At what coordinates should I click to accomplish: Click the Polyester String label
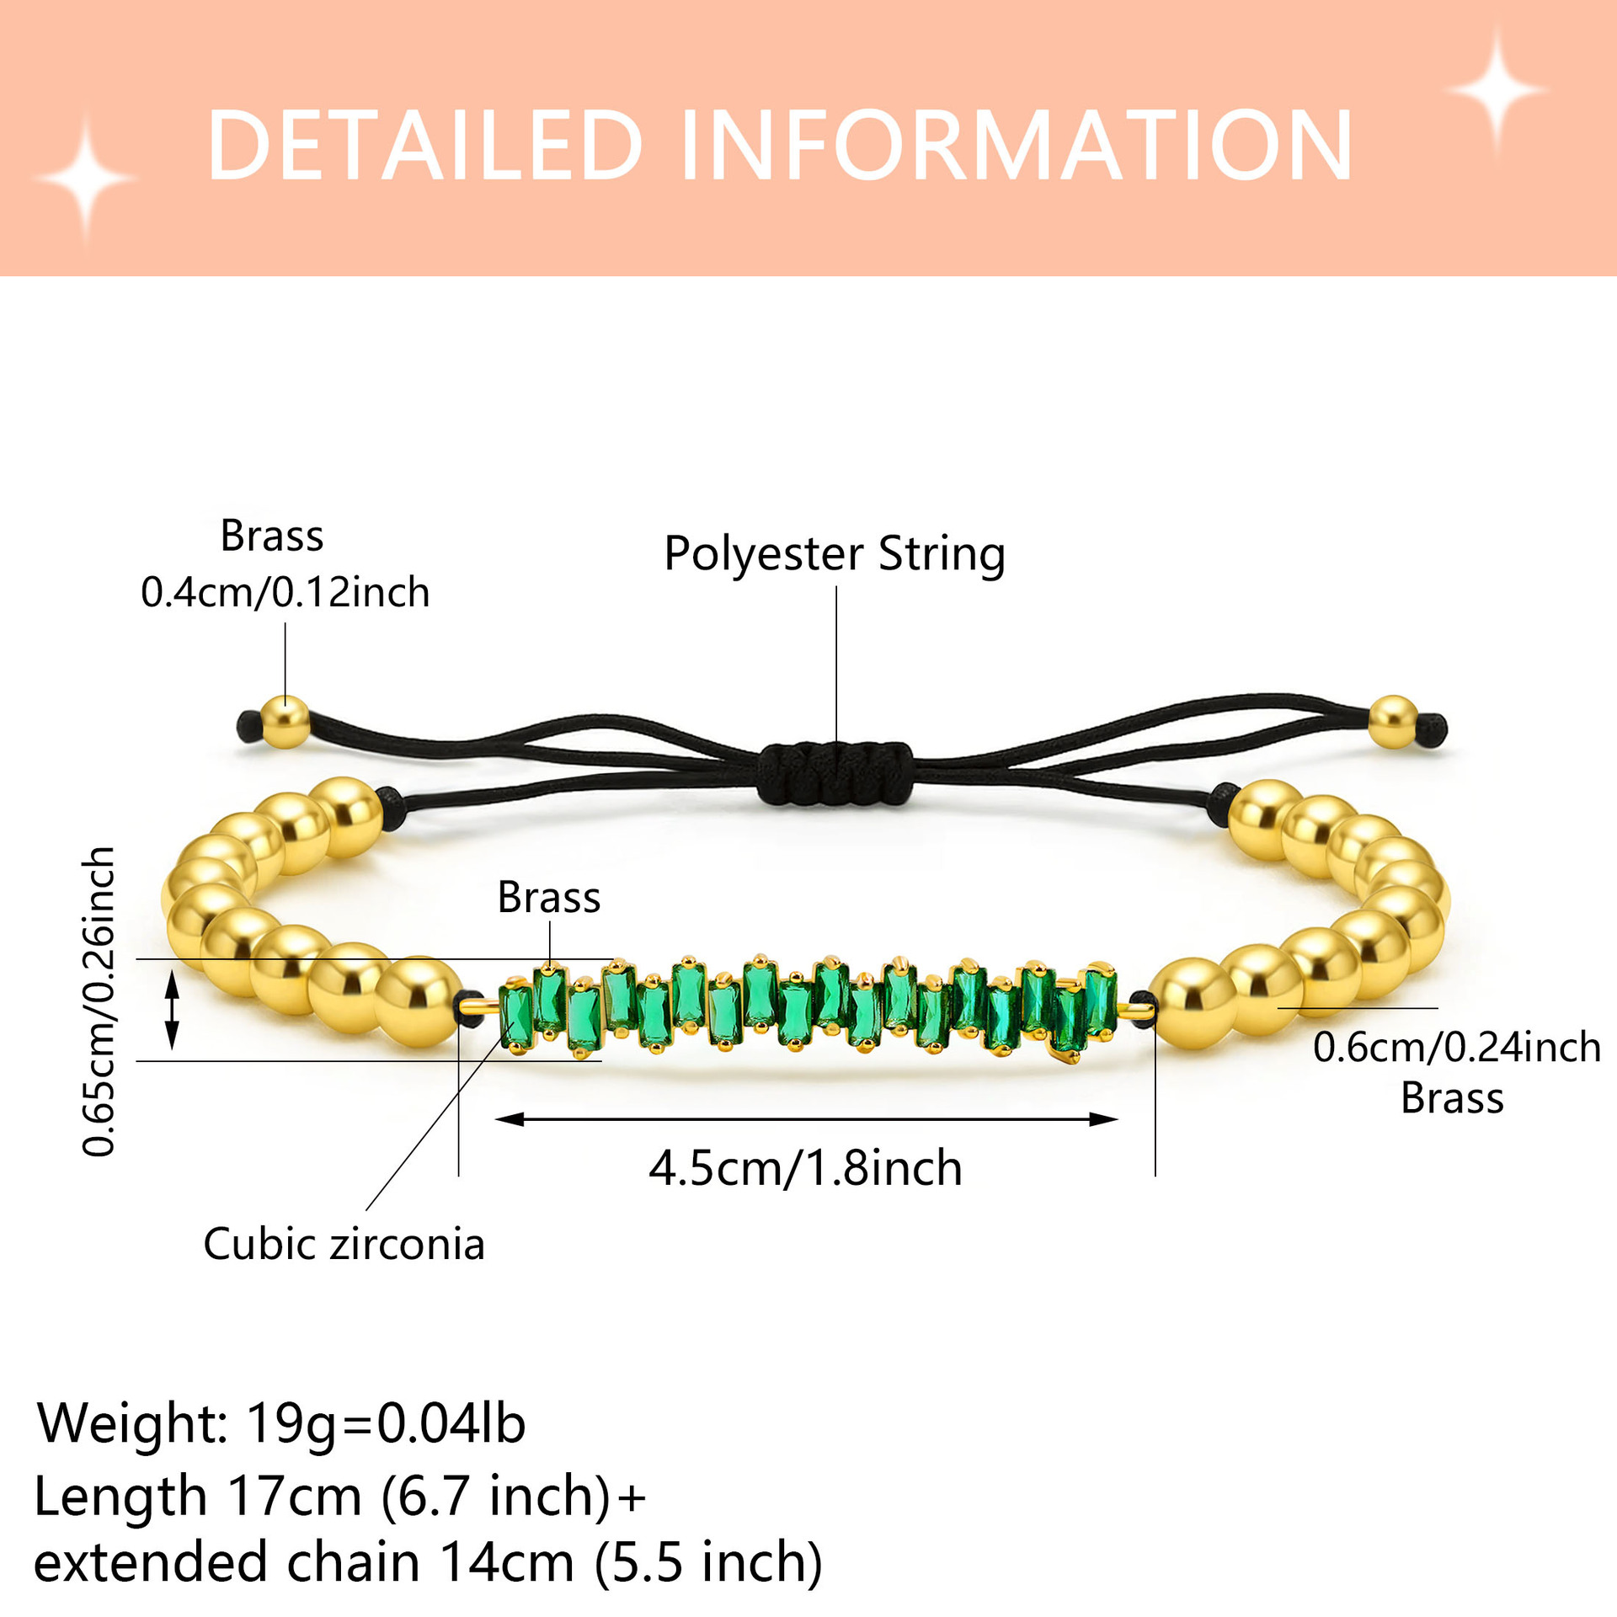click(x=834, y=554)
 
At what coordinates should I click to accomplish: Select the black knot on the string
click(x=834, y=773)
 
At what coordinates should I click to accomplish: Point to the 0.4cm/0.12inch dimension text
click(x=285, y=592)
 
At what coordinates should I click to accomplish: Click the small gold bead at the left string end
click(x=285, y=723)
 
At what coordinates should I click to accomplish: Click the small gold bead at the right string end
click(x=1393, y=722)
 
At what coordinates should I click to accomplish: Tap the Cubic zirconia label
click(x=344, y=1244)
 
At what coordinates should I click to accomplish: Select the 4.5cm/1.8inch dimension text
click(x=805, y=1168)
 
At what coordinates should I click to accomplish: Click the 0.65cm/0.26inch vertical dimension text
click(x=99, y=1002)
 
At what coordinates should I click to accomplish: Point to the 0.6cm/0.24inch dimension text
click(x=1456, y=1047)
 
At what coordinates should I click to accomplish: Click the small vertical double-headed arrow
click(x=172, y=1010)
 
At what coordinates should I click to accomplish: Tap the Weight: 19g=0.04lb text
click(x=281, y=1422)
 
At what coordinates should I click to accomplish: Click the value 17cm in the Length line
click(x=294, y=1497)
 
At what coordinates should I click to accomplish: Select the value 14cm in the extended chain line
click(x=507, y=1562)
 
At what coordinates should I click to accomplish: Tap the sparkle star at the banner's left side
click(x=86, y=179)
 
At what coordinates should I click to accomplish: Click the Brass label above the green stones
click(x=548, y=897)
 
